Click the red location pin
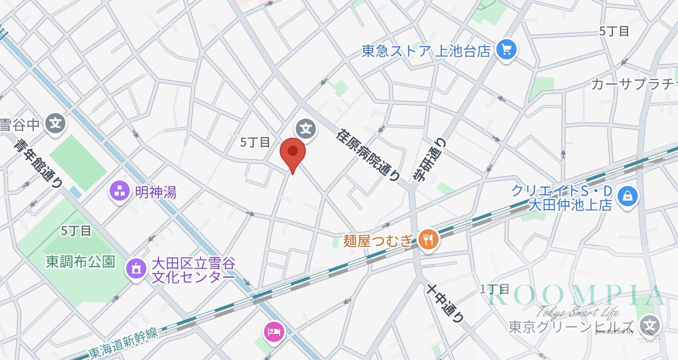tap(292, 153)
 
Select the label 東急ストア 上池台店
tap(426, 51)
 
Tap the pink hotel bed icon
tap(274, 331)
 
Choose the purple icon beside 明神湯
tap(120, 191)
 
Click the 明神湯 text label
tap(156, 192)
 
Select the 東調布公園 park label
tap(80, 262)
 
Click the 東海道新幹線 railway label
tap(123, 341)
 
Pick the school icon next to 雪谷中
tap(55, 124)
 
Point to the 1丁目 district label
tap(495, 289)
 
